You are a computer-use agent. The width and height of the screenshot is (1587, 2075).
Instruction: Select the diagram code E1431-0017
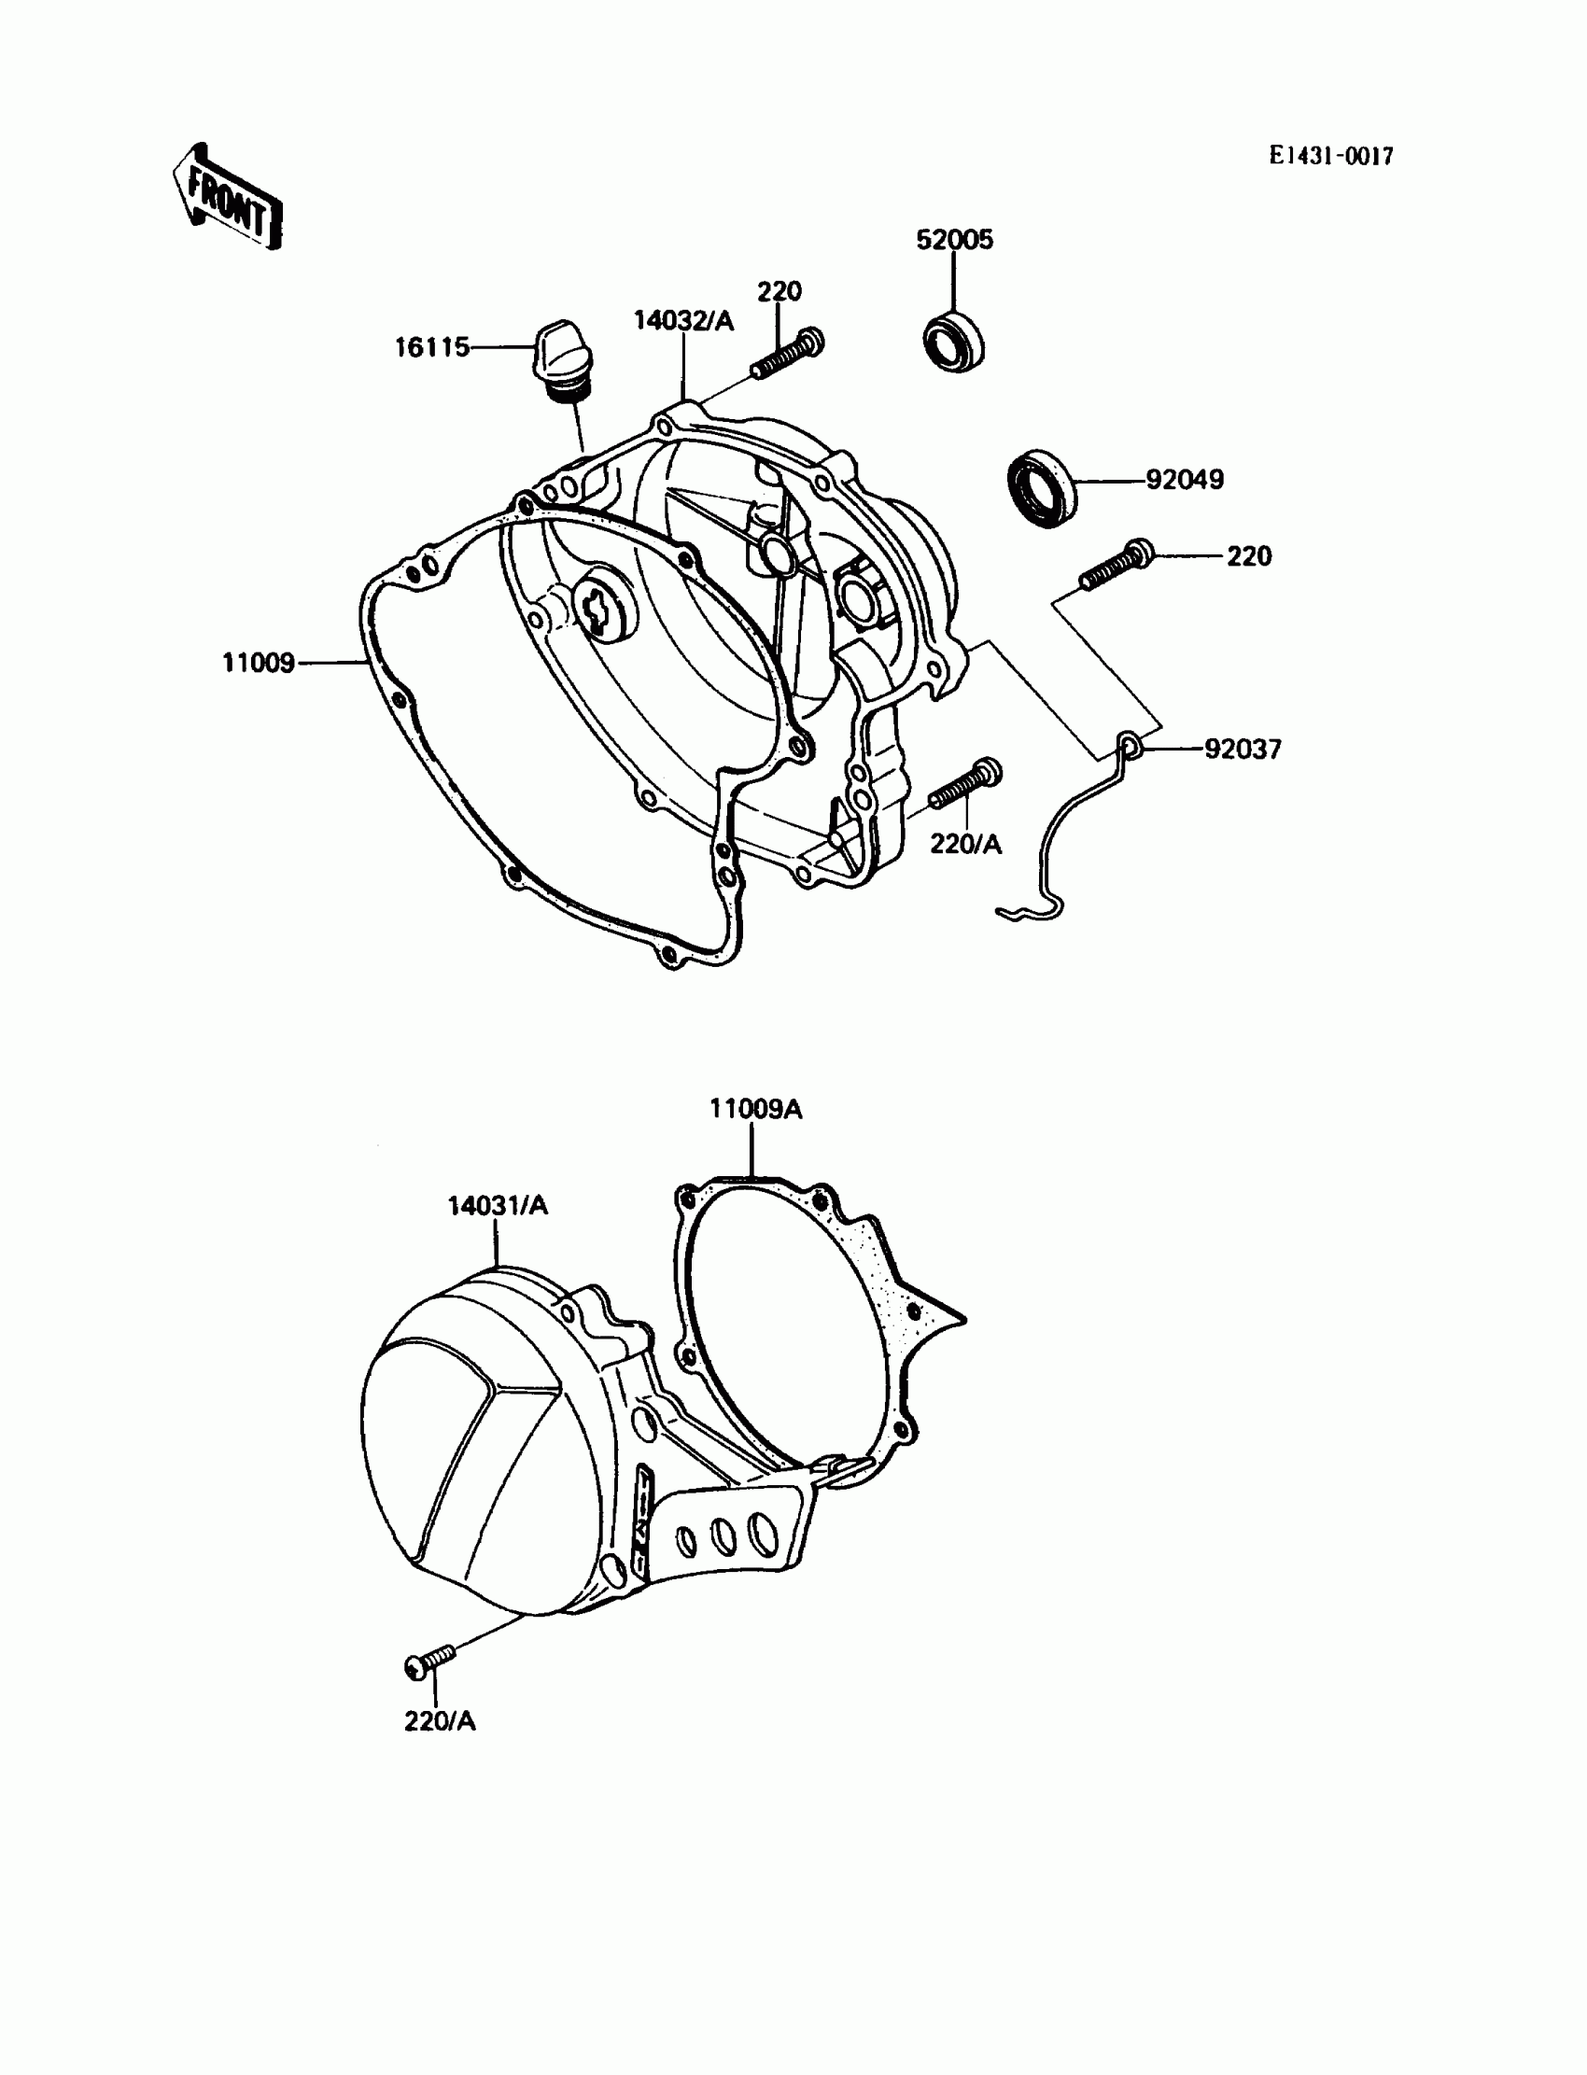click(1330, 157)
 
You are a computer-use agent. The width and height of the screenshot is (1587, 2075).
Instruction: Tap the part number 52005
click(954, 241)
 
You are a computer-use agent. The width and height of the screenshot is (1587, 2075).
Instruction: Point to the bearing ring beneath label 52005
click(953, 339)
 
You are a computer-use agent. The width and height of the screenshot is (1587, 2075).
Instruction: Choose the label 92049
click(1185, 481)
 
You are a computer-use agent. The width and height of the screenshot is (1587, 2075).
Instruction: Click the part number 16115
click(431, 348)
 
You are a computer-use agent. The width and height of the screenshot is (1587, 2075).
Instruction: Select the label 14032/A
click(683, 321)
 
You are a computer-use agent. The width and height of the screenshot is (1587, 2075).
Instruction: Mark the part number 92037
click(1243, 750)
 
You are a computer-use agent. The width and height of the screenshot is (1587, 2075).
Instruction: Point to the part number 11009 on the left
click(258, 664)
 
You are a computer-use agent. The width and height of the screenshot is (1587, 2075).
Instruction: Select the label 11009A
click(756, 1110)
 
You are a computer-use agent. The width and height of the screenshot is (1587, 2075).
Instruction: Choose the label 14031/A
click(498, 1206)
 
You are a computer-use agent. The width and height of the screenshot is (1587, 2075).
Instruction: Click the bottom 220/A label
click(441, 1722)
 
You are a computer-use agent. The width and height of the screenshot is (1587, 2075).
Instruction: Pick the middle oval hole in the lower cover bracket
click(723, 1536)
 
